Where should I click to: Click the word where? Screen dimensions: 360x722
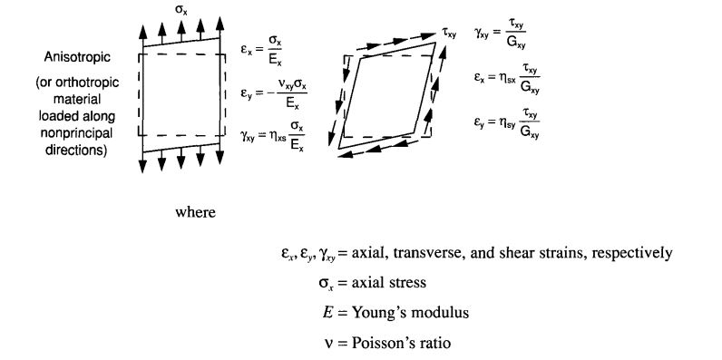(196, 212)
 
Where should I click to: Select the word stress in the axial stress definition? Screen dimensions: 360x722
(407, 283)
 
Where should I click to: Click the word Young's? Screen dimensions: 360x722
(386, 314)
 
